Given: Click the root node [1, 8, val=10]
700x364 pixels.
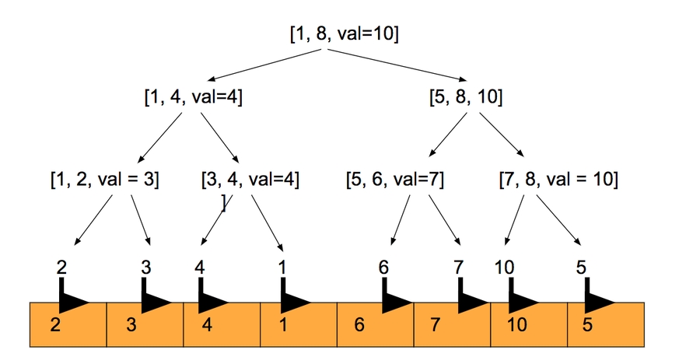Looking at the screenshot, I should [345, 33].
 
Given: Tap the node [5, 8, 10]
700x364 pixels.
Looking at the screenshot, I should [466, 98].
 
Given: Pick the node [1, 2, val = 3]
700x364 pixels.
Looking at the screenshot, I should [103, 180].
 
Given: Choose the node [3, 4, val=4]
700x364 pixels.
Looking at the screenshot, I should [250, 180].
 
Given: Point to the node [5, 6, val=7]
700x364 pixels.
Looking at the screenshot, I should [395, 180].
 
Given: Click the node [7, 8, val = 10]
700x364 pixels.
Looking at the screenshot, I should [558, 180].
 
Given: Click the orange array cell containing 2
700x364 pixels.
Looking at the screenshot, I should [68, 324].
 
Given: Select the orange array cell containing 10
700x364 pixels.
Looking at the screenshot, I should [529, 324].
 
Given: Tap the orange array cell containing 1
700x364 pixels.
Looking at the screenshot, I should [299, 324].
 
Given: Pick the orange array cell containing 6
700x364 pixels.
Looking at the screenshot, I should [375, 324].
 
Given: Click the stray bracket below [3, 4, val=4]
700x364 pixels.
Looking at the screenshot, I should [224, 204].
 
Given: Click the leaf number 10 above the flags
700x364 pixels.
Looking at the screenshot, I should [504, 268].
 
